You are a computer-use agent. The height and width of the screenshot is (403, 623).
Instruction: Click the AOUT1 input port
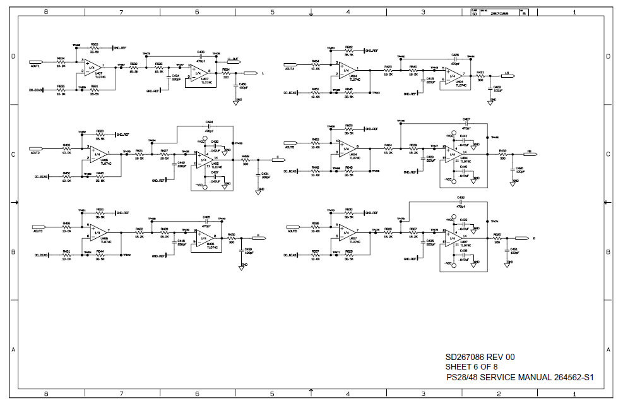click(x=35, y=66)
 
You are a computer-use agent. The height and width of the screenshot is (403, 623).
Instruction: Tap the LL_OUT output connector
click(x=234, y=59)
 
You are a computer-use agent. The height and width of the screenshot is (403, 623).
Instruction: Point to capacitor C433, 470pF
click(x=201, y=55)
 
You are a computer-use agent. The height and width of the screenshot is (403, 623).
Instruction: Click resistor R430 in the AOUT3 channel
click(x=231, y=238)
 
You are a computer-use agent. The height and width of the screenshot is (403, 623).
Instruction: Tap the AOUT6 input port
click(x=291, y=231)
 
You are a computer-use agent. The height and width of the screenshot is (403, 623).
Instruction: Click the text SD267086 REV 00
click(x=480, y=357)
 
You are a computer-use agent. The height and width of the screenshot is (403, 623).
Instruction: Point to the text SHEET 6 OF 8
click(x=472, y=366)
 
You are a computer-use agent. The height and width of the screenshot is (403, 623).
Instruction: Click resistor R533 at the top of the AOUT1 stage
click(x=95, y=48)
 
